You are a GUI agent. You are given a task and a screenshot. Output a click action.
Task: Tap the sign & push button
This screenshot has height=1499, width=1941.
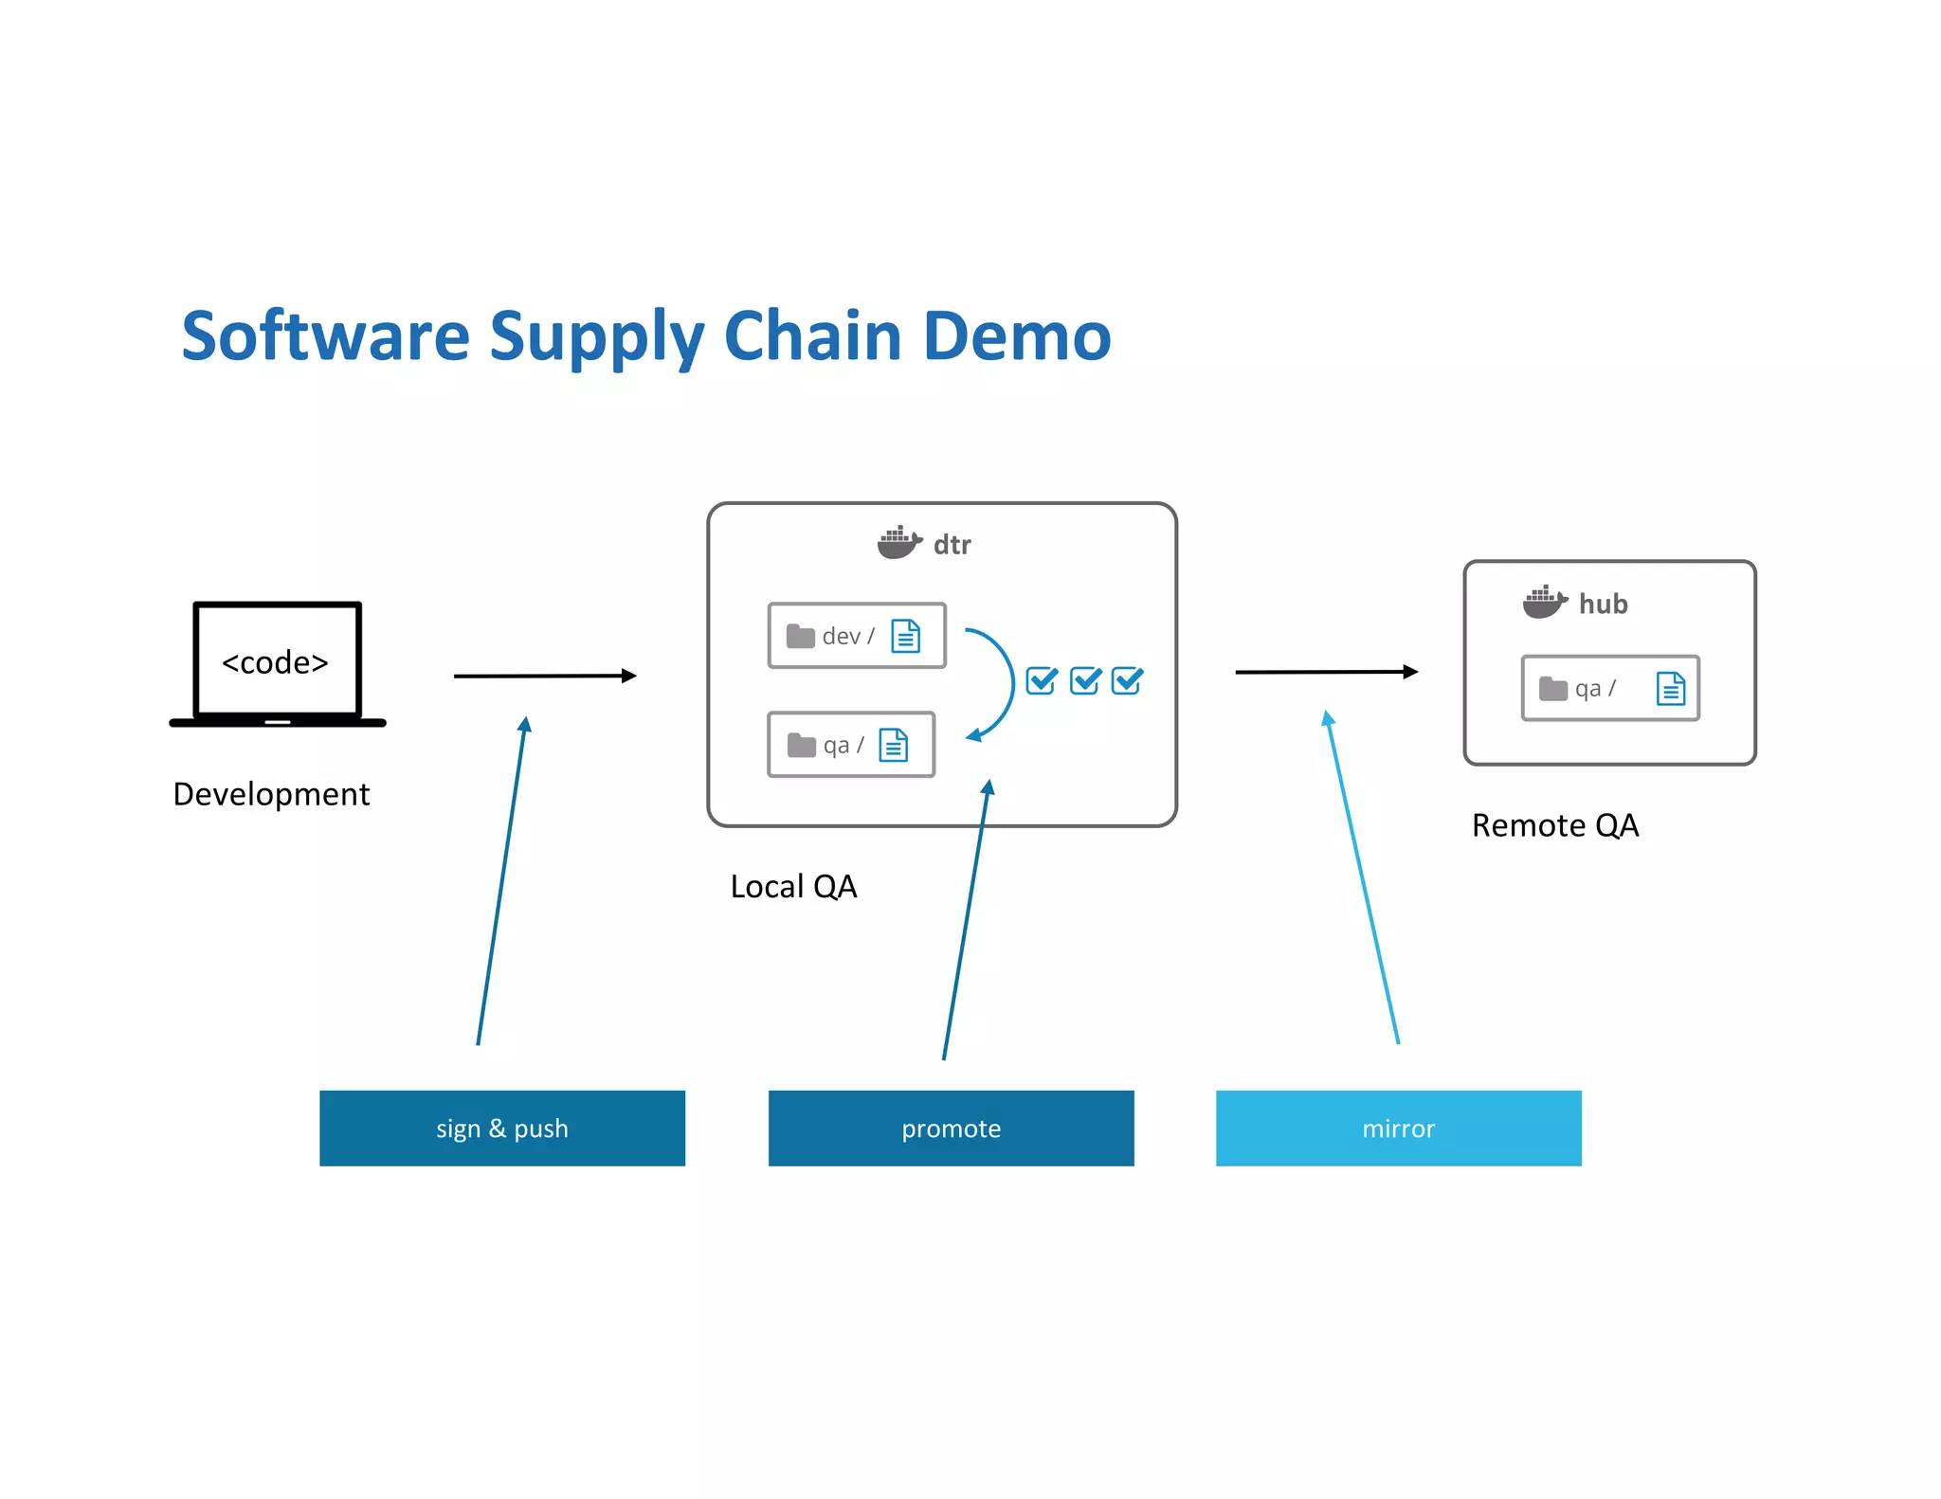pyautogui.click(x=501, y=1128)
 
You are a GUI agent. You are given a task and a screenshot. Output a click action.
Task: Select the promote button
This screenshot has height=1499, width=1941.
pyautogui.click(x=951, y=1128)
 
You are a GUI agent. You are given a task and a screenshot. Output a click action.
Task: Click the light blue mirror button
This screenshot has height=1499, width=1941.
pyautogui.click(x=1398, y=1128)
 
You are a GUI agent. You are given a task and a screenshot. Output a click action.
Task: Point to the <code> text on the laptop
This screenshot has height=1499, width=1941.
pyautogui.click(x=275, y=662)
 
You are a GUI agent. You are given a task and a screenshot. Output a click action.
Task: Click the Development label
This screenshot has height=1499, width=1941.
pyautogui.click(x=271, y=794)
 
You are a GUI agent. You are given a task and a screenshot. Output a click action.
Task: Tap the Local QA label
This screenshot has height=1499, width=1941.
pyautogui.click(x=793, y=887)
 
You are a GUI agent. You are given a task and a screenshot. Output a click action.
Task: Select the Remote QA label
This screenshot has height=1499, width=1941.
pyautogui.click(x=1554, y=825)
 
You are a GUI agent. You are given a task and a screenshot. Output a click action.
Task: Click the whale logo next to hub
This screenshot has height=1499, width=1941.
pyautogui.click(x=1544, y=602)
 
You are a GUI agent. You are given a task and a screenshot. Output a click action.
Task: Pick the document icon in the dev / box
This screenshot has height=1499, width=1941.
pyautogui.click(x=905, y=636)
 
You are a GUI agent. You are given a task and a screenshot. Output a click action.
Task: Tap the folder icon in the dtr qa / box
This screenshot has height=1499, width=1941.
pyautogui.click(x=801, y=746)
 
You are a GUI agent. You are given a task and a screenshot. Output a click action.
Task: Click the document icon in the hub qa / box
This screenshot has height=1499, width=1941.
pyautogui.click(x=1670, y=688)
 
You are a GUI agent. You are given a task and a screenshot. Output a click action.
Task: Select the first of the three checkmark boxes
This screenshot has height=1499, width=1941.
pyautogui.click(x=1042, y=680)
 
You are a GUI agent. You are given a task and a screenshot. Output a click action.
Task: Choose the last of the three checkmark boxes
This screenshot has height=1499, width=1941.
pyautogui.click(x=1127, y=680)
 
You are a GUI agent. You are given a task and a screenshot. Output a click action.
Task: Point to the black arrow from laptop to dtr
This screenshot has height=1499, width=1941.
pyautogui.click(x=545, y=676)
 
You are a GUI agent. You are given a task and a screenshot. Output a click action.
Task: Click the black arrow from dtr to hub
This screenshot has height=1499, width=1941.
pyautogui.click(x=1326, y=672)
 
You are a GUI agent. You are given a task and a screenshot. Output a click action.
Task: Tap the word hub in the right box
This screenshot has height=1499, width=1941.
pyautogui.click(x=1603, y=604)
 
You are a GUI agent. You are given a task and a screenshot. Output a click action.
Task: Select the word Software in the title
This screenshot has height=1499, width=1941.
pyautogui.click(x=325, y=336)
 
